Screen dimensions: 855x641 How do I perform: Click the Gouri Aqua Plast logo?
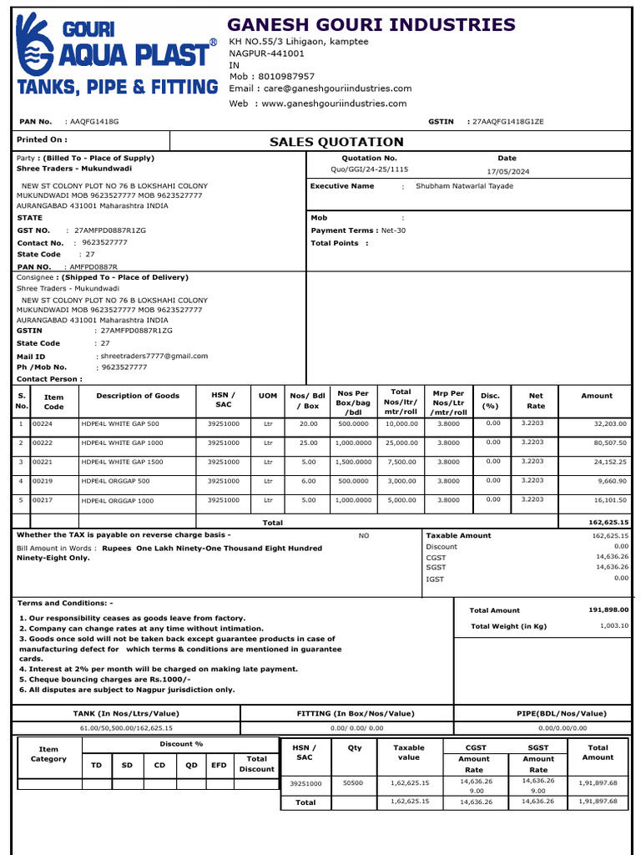coord(115,55)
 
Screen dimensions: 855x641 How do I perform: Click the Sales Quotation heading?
coord(336,142)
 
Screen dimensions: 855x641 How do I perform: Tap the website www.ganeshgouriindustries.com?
coord(334,104)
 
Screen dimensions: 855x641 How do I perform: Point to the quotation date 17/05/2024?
coord(507,171)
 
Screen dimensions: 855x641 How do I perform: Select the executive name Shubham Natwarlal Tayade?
coord(464,186)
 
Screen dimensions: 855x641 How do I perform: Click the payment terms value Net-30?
coord(393,230)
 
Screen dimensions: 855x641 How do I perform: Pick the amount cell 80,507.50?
coord(608,443)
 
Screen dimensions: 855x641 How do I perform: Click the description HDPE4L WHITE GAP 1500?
coord(122,463)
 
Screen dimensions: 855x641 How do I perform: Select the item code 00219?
coord(43,482)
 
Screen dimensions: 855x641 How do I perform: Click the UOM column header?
coord(268,396)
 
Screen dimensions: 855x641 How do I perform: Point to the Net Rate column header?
coord(536,401)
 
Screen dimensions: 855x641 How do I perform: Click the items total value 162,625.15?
coord(608,522)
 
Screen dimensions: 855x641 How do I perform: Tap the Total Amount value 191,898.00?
coord(608,610)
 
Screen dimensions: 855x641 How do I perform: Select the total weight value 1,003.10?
coord(613,625)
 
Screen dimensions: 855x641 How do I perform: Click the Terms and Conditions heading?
coord(65,603)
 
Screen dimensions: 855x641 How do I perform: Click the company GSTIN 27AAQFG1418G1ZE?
coord(507,122)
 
